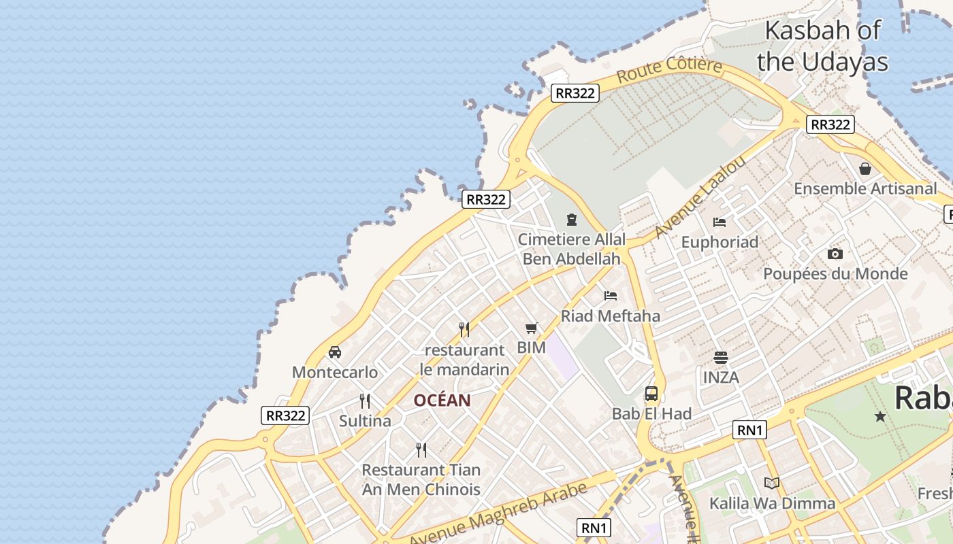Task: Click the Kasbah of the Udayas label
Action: [822, 46]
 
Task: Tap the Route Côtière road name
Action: [669, 70]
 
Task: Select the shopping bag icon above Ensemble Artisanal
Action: [865, 168]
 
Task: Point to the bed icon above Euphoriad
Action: [720, 222]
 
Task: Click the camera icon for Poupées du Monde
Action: [835, 254]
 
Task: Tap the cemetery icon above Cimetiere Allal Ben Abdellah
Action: [572, 219]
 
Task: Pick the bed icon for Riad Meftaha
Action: [611, 295]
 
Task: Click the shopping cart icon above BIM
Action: [532, 328]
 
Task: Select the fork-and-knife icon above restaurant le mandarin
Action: [464, 330]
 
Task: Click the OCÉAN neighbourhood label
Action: [442, 401]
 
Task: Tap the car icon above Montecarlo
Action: [335, 352]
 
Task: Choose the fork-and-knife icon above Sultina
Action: [365, 401]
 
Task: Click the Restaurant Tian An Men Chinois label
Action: [421, 479]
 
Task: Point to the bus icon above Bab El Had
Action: [651, 393]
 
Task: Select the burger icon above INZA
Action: [721, 356]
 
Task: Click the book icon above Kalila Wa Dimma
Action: [772, 483]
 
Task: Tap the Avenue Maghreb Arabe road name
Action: [498, 515]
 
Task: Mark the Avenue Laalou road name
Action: [700, 197]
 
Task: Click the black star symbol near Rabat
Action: [880, 416]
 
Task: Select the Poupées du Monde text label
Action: [835, 274]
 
